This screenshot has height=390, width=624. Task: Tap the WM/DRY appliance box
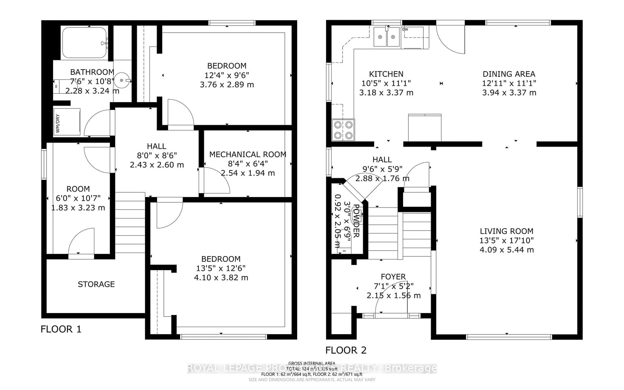coord(67,122)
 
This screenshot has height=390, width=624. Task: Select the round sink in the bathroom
coord(122,80)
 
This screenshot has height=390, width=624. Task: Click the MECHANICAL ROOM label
coord(247,154)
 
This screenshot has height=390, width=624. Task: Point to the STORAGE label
coord(96,284)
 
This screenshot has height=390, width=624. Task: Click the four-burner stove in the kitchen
coord(343,130)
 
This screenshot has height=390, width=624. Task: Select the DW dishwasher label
coord(405,29)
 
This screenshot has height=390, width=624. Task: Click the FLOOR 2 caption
coord(346,350)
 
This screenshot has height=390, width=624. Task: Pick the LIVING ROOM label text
coord(506,231)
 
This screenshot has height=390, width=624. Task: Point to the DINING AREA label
coord(509,74)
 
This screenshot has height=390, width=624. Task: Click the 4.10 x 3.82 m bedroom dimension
coord(221,278)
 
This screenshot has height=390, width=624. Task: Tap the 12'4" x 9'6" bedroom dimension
coord(227,75)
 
